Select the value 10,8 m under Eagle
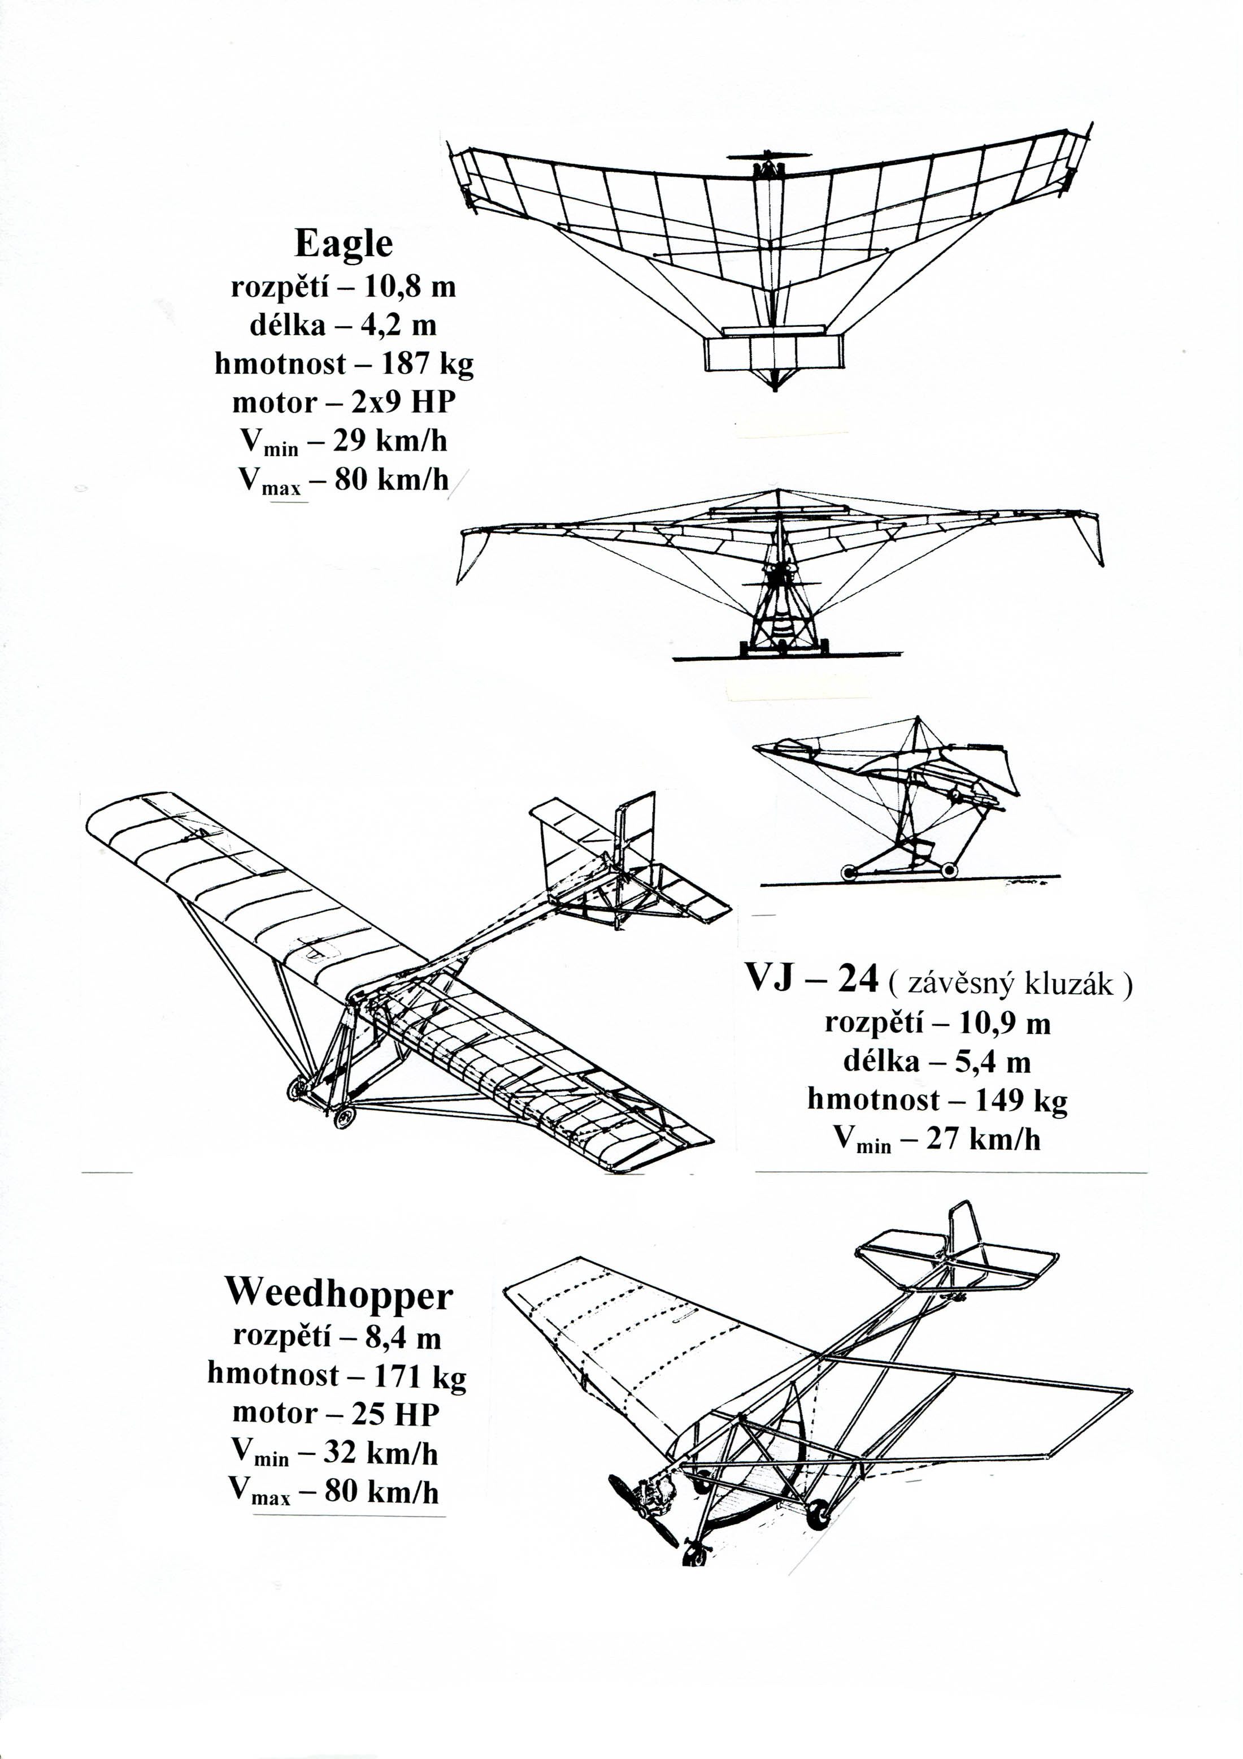(x=410, y=287)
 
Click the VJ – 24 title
(x=812, y=978)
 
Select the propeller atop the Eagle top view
(x=768, y=155)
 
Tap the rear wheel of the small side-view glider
(x=949, y=870)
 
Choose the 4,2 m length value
(x=398, y=326)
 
